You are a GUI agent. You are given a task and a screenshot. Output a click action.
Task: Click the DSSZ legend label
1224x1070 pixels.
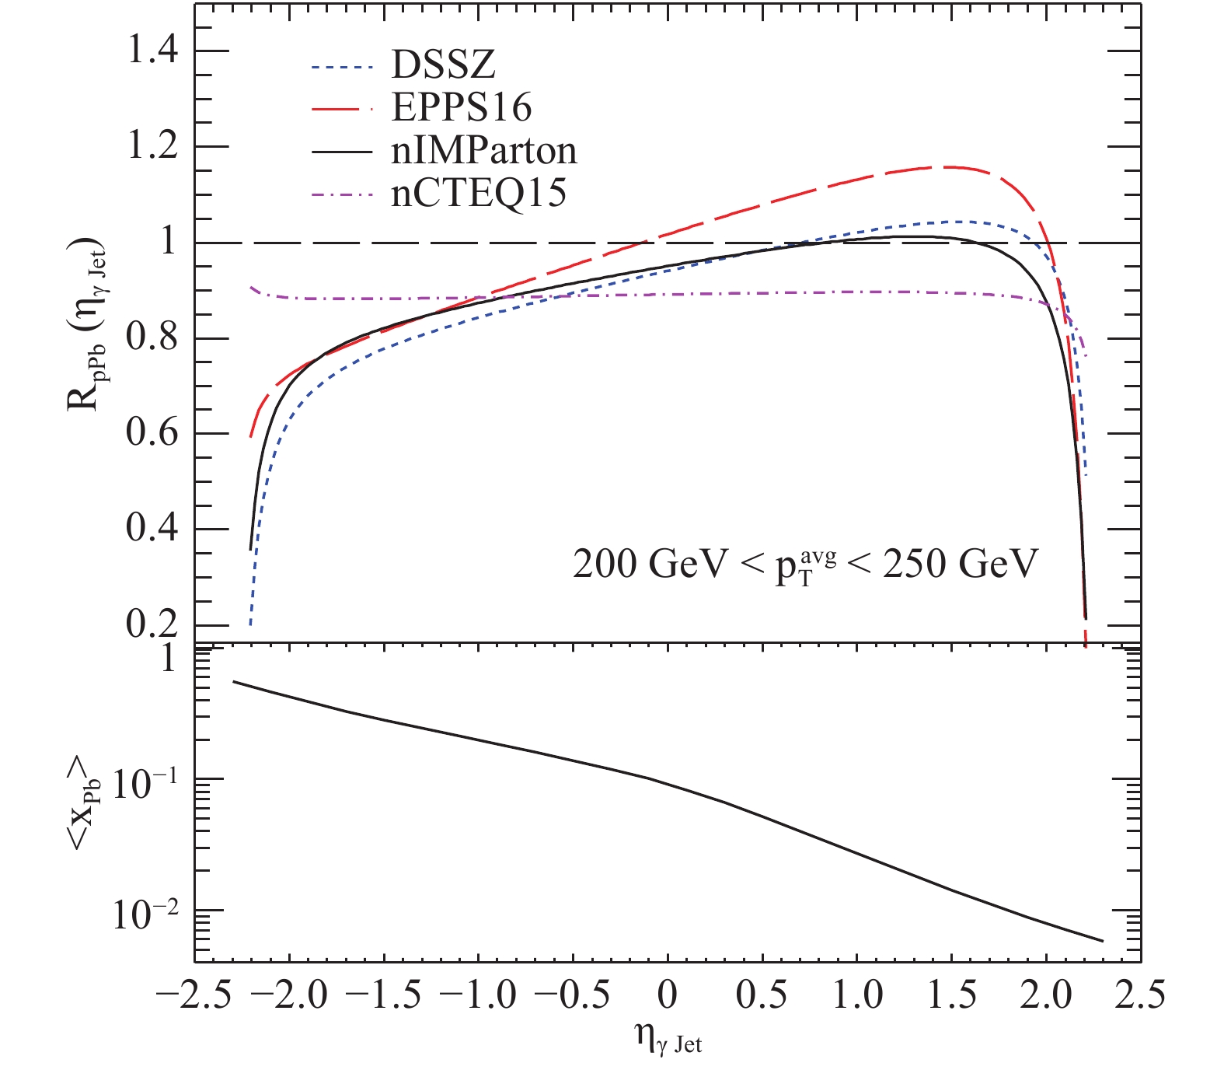(443, 65)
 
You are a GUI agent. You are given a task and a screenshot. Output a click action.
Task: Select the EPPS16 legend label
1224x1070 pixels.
(462, 107)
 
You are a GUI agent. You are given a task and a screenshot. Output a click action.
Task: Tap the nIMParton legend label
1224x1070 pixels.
(484, 150)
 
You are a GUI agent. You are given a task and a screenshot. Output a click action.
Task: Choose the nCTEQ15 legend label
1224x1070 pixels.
(479, 193)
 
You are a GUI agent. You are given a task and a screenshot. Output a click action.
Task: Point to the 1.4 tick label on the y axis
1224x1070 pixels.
(152, 52)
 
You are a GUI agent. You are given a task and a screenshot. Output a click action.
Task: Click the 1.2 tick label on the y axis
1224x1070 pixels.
(152, 147)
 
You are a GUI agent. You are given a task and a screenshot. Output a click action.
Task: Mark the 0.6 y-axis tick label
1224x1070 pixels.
(152, 434)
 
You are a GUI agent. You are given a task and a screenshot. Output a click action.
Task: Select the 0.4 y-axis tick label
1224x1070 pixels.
(152, 530)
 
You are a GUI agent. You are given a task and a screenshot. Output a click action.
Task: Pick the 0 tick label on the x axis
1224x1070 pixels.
(668, 995)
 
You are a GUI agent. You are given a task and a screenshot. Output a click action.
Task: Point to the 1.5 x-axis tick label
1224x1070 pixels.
(954, 995)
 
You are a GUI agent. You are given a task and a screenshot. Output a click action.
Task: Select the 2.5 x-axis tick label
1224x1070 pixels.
(1140, 995)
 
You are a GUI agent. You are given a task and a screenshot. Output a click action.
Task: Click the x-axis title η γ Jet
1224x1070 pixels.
(668, 1040)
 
